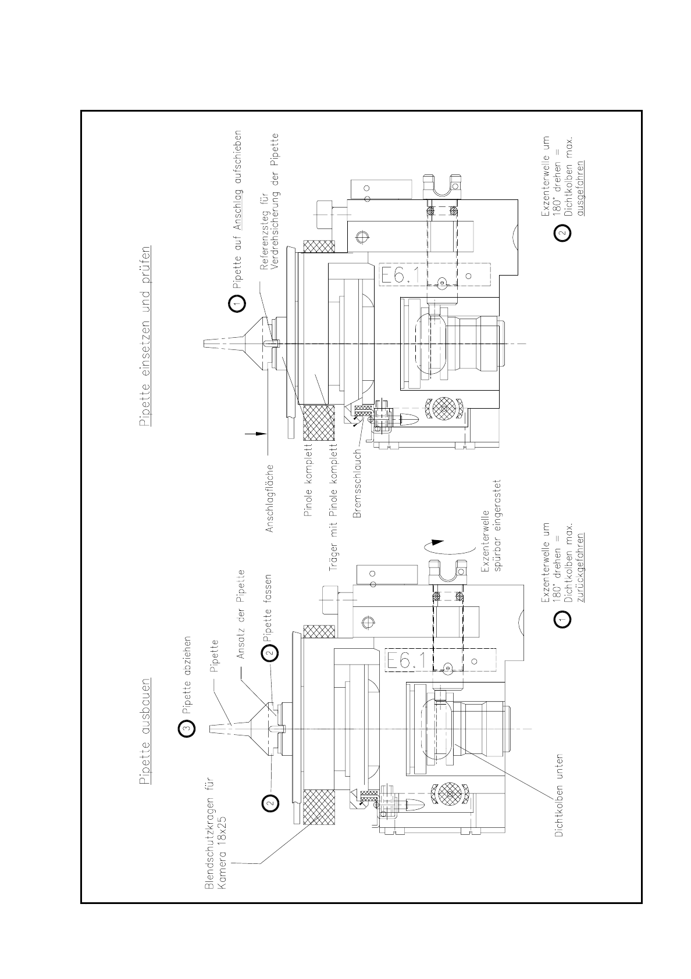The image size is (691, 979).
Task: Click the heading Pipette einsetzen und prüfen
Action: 145,337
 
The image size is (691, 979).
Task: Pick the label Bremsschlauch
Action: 358,483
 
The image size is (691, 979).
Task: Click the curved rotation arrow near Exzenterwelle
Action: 439,547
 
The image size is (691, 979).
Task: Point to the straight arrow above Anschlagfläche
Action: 255,433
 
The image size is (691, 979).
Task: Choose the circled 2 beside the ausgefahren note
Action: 562,234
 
